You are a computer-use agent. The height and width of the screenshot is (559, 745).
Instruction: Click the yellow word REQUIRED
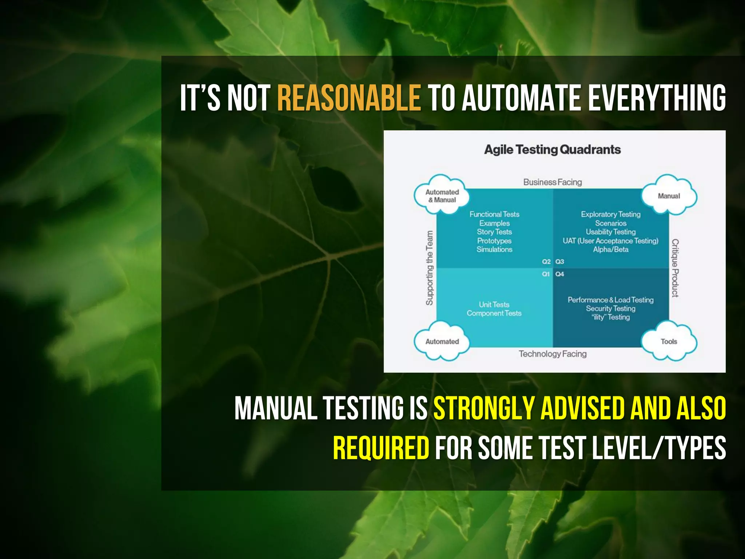click(381, 448)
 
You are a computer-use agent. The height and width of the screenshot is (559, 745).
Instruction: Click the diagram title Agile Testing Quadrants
click(552, 150)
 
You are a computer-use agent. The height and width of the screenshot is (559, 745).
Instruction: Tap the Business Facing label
click(552, 182)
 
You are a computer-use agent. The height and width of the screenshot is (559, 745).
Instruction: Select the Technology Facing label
click(552, 354)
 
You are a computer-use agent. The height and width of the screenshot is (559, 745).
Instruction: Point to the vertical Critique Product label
click(675, 268)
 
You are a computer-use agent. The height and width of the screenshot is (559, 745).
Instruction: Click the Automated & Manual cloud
click(442, 196)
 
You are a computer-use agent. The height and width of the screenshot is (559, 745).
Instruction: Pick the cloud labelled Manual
click(669, 196)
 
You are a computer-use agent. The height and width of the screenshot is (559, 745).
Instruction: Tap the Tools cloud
click(669, 341)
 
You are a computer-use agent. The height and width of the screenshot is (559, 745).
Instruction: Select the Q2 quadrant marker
click(546, 262)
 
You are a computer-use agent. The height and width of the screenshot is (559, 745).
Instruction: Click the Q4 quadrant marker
click(559, 274)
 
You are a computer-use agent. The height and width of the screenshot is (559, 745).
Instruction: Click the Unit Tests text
click(494, 305)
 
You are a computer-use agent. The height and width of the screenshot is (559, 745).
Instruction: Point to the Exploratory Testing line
click(610, 214)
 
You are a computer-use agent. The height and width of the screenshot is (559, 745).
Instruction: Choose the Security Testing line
click(610, 309)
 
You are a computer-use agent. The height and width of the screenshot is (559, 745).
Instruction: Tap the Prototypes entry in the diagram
click(494, 241)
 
